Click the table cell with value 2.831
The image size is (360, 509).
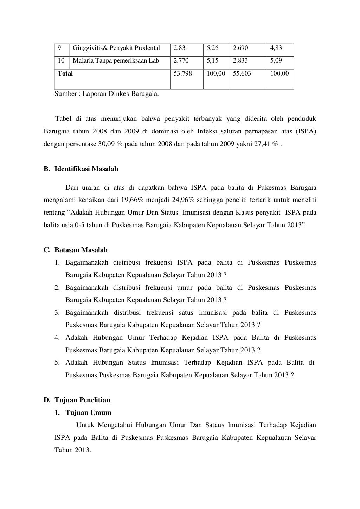(x=181, y=48)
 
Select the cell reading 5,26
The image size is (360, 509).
(x=212, y=48)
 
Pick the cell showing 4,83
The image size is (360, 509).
(x=276, y=48)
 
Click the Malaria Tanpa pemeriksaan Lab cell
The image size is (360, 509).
(x=116, y=60)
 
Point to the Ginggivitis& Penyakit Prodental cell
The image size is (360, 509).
(x=116, y=48)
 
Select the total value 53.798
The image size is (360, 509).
(x=183, y=73)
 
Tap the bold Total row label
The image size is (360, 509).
(x=65, y=73)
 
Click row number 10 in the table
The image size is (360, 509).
(x=61, y=60)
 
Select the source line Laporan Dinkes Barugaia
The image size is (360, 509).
(x=107, y=94)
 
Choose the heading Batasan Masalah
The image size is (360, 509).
(x=81, y=250)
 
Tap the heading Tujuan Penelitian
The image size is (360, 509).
(x=82, y=400)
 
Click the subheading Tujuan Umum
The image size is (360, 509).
(x=88, y=413)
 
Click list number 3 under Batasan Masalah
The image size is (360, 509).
(x=57, y=313)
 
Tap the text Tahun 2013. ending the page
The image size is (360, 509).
(x=73, y=450)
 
